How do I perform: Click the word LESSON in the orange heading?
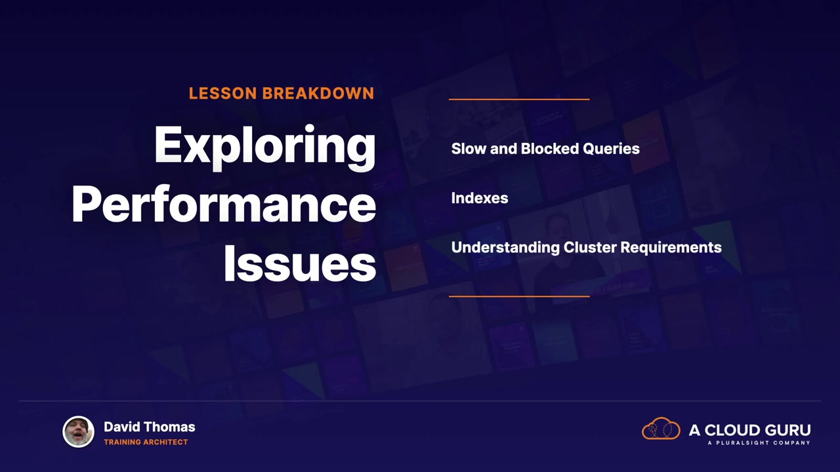(222, 93)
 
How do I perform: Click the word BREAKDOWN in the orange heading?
(318, 93)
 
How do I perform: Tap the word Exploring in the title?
(264, 147)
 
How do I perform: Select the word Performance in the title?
(224, 205)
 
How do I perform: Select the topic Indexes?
(480, 198)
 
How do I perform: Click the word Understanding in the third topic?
(505, 248)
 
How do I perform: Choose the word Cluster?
(590, 247)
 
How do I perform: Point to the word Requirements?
(671, 248)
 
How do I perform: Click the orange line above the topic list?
(519, 99)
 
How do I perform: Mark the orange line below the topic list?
(519, 296)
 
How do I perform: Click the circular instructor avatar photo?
(78, 431)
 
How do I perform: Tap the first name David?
(122, 427)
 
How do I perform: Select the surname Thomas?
(169, 427)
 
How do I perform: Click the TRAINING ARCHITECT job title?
(146, 442)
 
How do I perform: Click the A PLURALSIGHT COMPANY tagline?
(759, 442)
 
